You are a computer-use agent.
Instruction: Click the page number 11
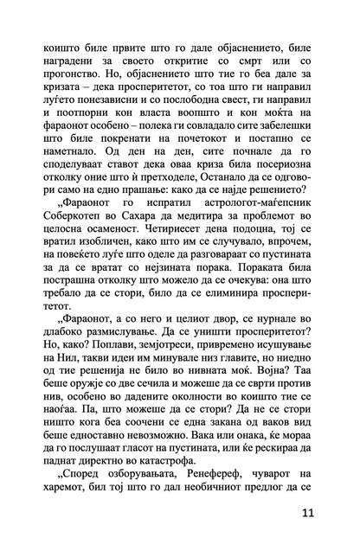tap(309, 512)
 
